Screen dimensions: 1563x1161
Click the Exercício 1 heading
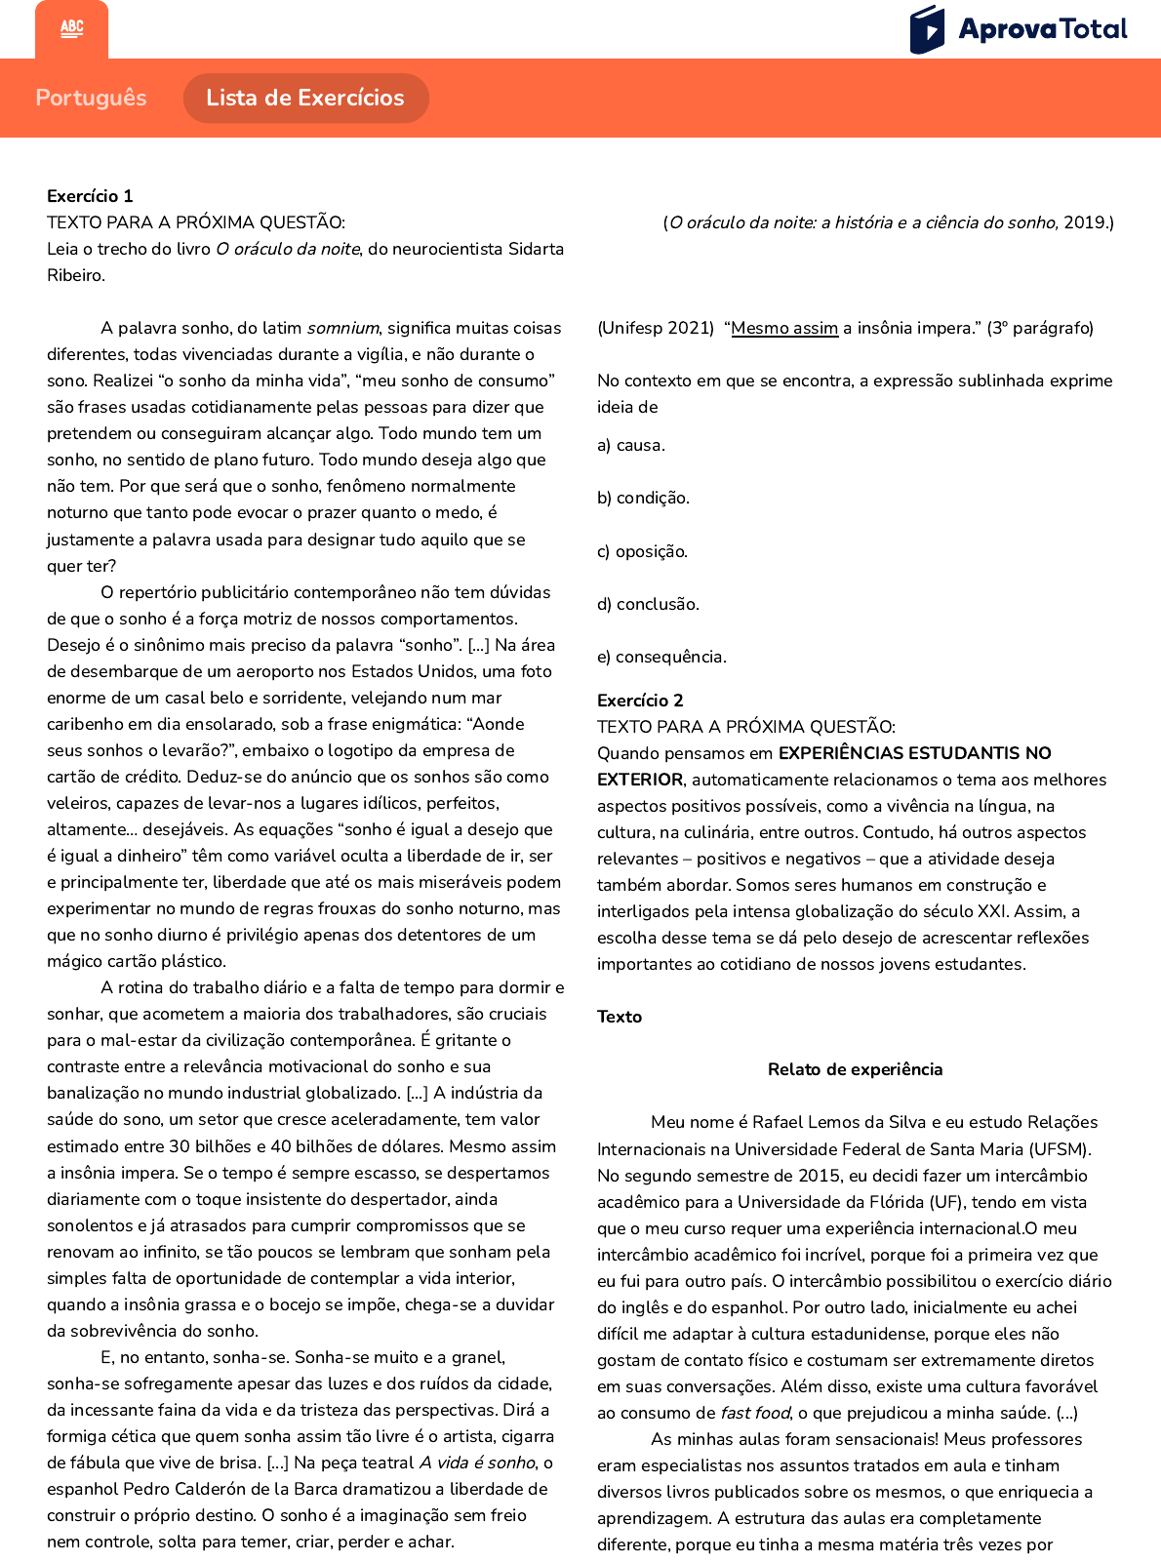click(x=90, y=196)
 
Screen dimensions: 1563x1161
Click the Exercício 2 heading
click(x=640, y=701)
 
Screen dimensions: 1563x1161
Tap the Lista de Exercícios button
click(x=305, y=98)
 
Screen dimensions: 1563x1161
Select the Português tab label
click(x=91, y=98)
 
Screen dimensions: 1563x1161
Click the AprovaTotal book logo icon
click(x=927, y=29)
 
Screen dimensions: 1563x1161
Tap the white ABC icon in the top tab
click(x=71, y=28)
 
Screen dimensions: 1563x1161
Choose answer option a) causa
click(x=631, y=445)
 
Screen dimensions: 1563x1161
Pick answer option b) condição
click(x=643, y=498)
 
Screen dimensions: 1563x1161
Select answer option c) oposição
click(x=642, y=551)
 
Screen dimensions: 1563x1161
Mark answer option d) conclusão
click(x=648, y=604)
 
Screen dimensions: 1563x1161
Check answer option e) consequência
click(x=661, y=657)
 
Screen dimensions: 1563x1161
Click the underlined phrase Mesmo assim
click(x=784, y=328)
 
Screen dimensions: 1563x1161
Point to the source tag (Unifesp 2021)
click(x=656, y=328)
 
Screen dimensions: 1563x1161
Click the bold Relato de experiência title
click(x=855, y=1069)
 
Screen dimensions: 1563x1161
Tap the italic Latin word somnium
click(x=342, y=328)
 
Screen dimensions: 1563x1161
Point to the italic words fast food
click(x=755, y=1413)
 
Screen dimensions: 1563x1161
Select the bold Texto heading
click(x=620, y=1017)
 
